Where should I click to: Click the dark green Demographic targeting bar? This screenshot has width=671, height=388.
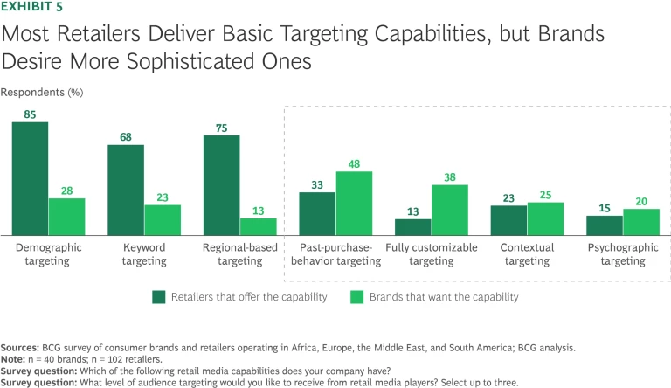click(x=30, y=177)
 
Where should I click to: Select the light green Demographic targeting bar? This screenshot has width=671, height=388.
click(x=66, y=216)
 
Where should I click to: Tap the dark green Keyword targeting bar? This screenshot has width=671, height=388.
click(x=126, y=190)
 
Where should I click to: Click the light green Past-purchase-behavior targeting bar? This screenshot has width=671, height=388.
click(x=354, y=203)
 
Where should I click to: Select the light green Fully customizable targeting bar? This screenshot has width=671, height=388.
click(x=450, y=209)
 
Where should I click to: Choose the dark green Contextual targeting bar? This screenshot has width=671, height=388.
click(x=508, y=219)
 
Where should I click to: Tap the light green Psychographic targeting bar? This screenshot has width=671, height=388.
click(x=641, y=221)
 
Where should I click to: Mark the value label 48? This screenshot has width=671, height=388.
click(x=354, y=163)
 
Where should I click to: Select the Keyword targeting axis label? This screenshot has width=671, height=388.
click(x=144, y=254)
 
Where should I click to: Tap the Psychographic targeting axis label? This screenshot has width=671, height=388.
click(x=623, y=254)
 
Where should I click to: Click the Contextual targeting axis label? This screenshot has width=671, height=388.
click(x=528, y=254)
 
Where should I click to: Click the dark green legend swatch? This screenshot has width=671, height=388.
click(x=159, y=296)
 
